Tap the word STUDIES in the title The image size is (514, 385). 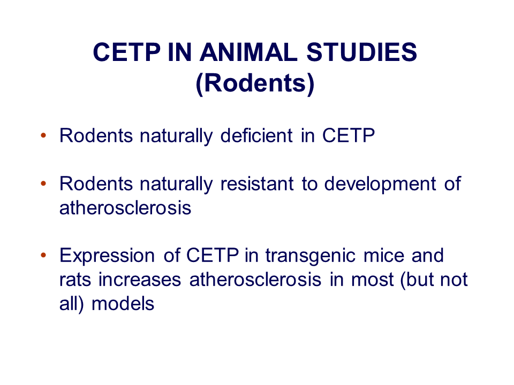(362, 52)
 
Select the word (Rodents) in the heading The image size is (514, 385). (255, 83)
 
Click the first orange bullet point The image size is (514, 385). (43, 135)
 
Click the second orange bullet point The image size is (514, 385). (43, 183)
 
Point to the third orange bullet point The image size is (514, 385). (43, 256)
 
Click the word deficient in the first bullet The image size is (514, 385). (256, 135)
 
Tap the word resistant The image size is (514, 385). (256, 183)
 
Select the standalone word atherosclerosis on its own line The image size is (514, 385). (125, 208)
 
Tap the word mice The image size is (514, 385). (384, 256)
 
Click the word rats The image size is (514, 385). (75, 280)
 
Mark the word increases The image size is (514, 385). (140, 280)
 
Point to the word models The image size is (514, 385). (123, 304)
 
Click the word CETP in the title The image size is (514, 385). (126, 52)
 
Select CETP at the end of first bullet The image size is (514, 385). (349, 135)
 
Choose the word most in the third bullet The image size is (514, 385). (373, 280)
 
